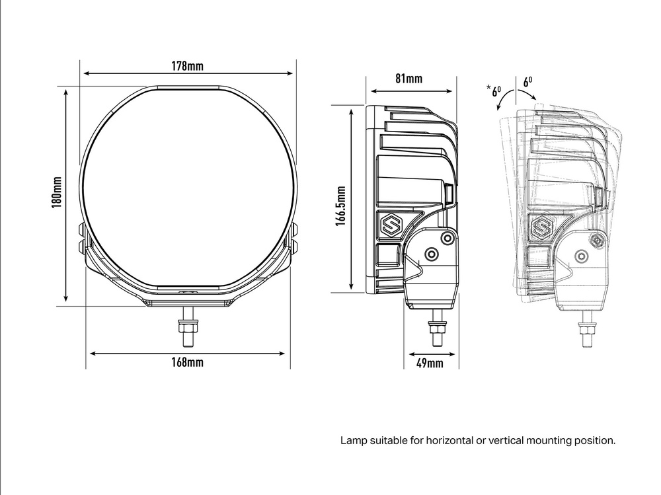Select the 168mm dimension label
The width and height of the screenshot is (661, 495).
coord(187,363)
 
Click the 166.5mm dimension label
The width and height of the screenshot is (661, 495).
coord(340,206)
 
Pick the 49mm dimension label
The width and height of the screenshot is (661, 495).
coord(430,363)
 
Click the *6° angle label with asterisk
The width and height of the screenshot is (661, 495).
coord(493,90)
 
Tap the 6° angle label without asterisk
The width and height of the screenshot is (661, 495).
coord(527,83)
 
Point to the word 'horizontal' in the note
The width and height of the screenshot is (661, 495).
coord(451,439)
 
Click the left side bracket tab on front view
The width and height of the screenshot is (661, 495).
coord(83,239)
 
